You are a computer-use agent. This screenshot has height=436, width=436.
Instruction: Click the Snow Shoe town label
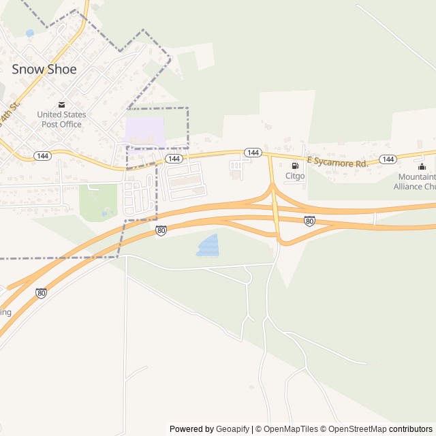[44, 69]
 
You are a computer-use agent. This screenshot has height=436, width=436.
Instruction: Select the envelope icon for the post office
[61, 104]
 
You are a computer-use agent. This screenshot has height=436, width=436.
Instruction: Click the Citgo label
[295, 176]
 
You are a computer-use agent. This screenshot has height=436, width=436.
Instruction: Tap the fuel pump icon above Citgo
[295, 166]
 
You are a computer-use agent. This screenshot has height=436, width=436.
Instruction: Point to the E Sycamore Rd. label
[337, 162]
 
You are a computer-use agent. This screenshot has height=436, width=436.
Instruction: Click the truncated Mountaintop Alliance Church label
[416, 181]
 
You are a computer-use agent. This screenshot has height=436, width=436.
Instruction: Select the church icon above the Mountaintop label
[422, 167]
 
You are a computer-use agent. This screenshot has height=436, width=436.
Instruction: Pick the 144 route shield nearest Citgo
[253, 153]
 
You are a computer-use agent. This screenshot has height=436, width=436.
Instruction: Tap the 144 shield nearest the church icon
[388, 159]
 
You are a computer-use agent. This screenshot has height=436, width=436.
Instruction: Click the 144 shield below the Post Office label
[42, 155]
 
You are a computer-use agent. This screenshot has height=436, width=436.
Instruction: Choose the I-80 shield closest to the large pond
[161, 231]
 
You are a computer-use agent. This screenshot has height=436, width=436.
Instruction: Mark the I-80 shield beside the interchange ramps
[309, 221]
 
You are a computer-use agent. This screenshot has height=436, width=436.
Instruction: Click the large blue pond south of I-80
[208, 245]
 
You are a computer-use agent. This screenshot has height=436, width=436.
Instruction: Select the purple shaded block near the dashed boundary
[145, 130]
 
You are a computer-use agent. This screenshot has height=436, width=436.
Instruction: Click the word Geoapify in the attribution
[232, 429]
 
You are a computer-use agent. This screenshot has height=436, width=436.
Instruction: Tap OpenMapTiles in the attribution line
[290, 429]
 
